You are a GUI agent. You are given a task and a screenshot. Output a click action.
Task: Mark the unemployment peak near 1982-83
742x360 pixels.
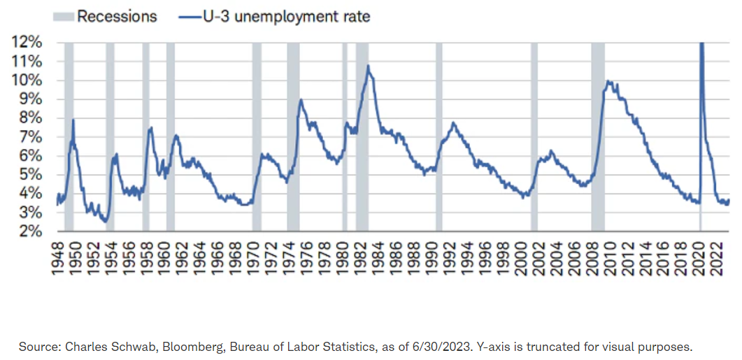click(368, 66)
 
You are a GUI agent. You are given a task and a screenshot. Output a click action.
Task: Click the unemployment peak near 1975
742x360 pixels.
click(301, 99)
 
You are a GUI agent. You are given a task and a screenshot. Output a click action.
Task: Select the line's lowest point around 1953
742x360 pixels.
click(105, 222)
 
